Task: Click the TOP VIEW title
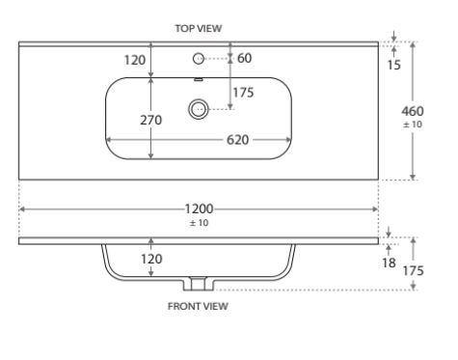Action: pyautogui.click(x=199, y=28)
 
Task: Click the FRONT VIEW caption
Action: pyautogui.click(x=198, y=306)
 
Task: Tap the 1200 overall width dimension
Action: pyautogui.click(x=199, y=209)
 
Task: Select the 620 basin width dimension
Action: pyautogui.click(x=237, y=140)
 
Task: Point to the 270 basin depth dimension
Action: pyautogui.click(x=150, y=120)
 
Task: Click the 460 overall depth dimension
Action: pyautogui.click(x=413, y=111)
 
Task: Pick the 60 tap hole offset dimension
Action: pyautogui.click(x=244, y=58)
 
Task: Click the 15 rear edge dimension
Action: pyautogui.click(x=393, y=65)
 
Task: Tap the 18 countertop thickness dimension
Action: pyautogui.click(x=389, y=263)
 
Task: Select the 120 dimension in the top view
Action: pyautogui.click(x=135, y=60)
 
